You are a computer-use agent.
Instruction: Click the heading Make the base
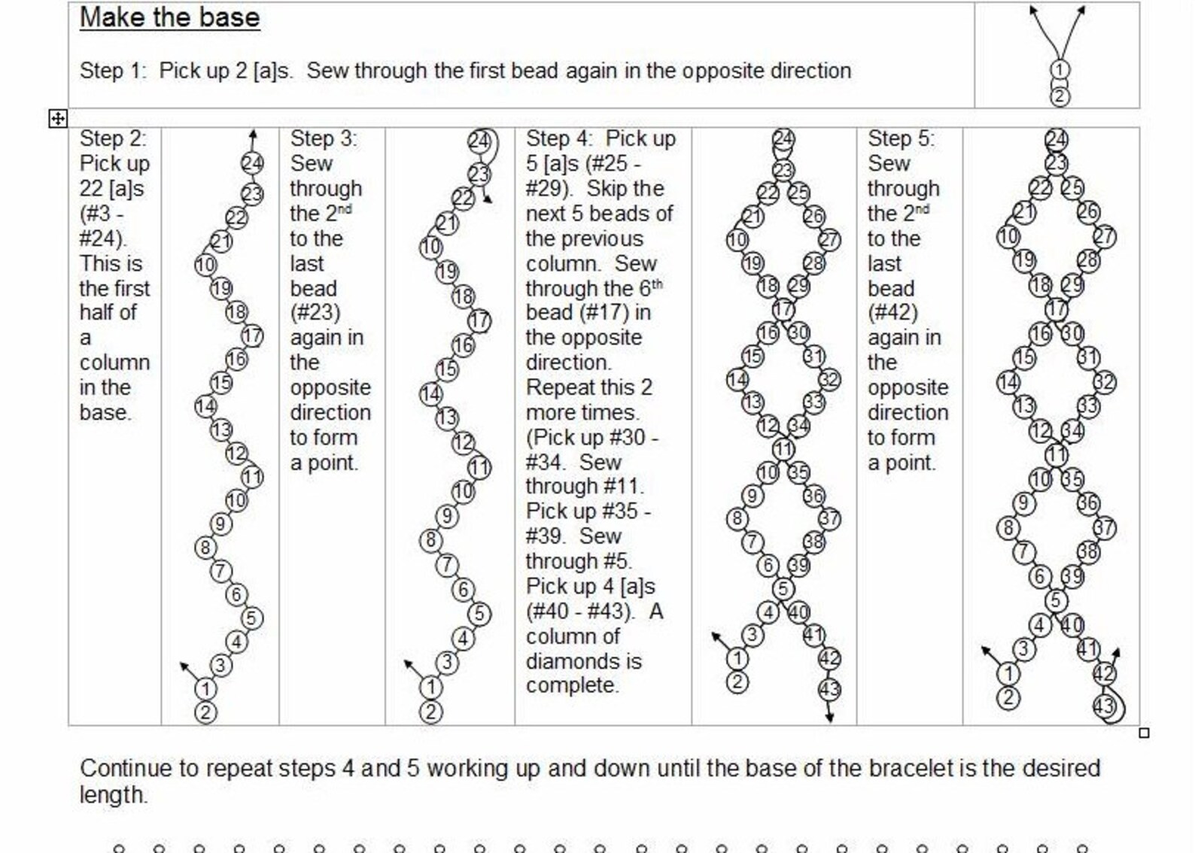(169, 17)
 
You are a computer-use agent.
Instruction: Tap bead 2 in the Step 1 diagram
(1059, 96)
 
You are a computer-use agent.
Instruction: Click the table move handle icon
(58, 118)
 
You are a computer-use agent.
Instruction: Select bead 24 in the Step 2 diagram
(253, 163)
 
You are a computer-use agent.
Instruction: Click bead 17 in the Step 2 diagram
(253, 335)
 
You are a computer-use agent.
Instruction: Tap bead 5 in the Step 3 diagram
(479, 614)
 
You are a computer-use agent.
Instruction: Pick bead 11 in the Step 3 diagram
(479, 468)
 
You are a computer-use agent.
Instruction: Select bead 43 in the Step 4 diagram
(829, 689)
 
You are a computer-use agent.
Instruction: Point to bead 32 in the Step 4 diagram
(829, 380)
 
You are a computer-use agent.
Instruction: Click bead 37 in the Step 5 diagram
(1103, 528)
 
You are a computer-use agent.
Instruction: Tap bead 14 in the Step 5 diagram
(1008, 382)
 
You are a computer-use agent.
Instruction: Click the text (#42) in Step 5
(892, 313)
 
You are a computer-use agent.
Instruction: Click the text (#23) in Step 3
(315, 313)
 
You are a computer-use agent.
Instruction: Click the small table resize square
(1144, 733)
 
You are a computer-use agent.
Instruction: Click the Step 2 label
(113, 138)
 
